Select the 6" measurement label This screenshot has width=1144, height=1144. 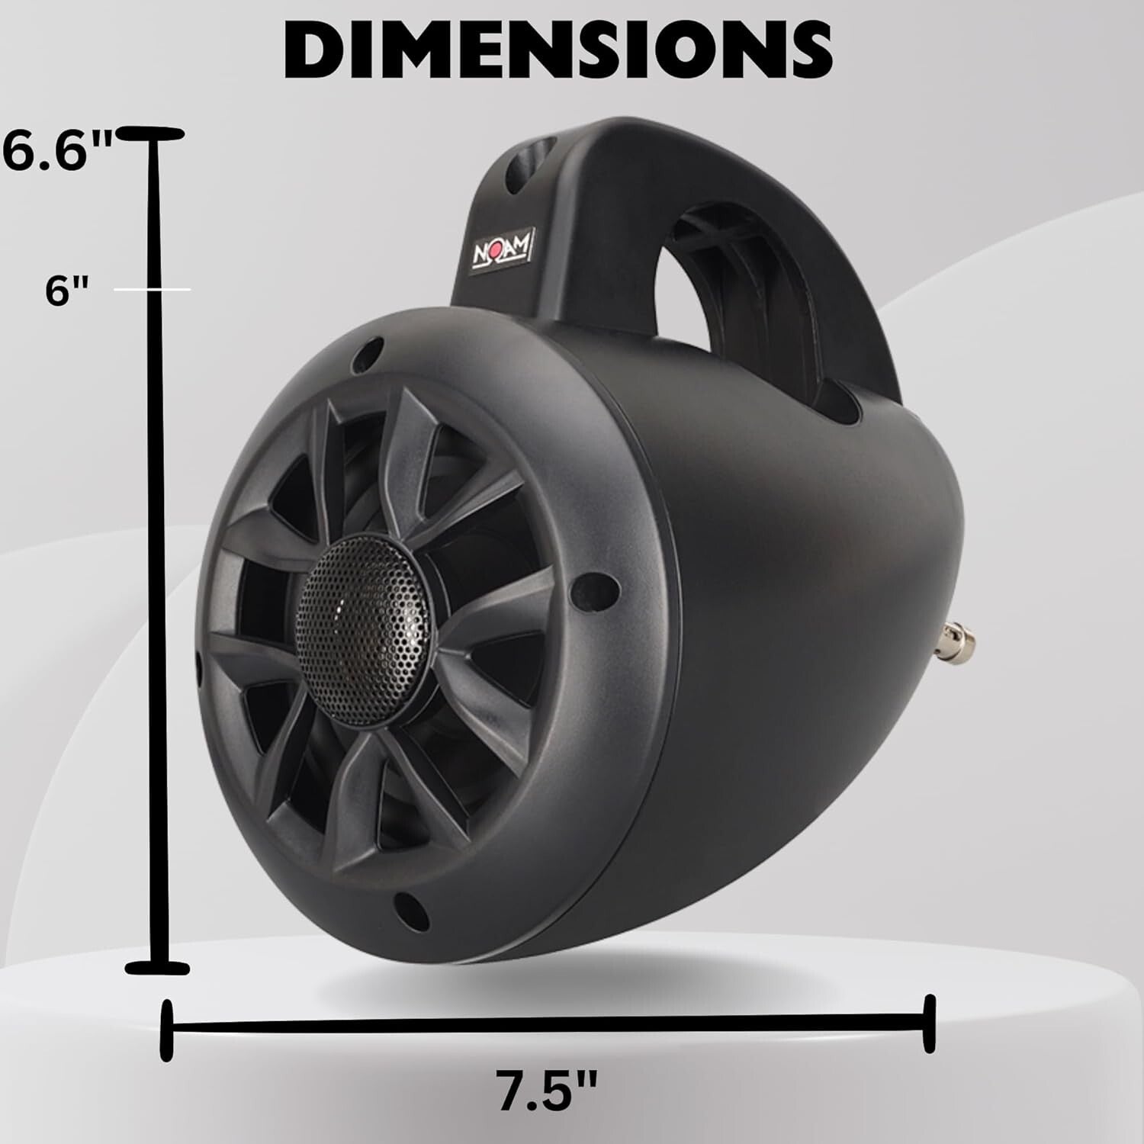[67, 291]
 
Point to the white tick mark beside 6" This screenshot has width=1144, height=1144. [153, 290]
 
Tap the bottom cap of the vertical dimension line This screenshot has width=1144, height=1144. [157, 968]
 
